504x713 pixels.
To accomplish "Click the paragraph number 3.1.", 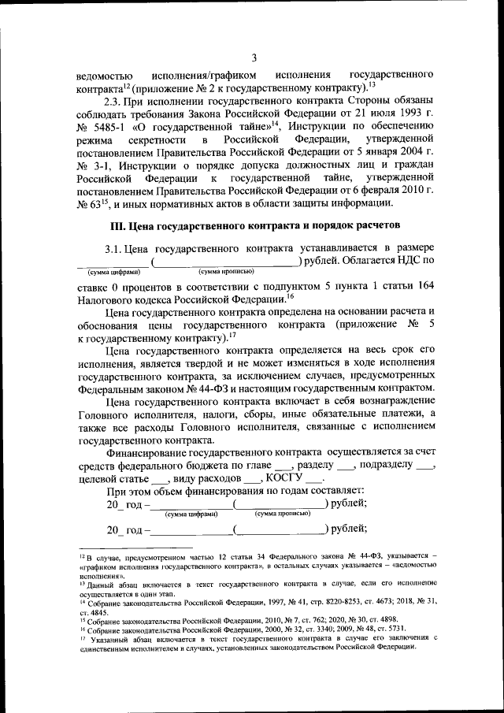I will point(117,248).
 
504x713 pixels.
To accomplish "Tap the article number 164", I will point(423,287).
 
